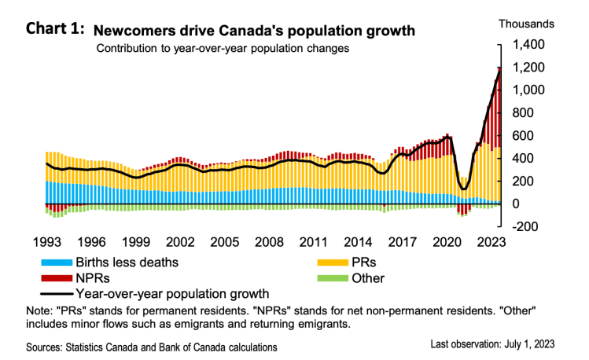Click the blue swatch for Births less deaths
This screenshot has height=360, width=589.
coord(57,263)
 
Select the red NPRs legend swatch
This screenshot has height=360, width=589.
coord(57,277)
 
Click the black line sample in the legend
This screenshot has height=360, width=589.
coord(57,292)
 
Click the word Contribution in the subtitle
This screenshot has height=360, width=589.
coord(125,49)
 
